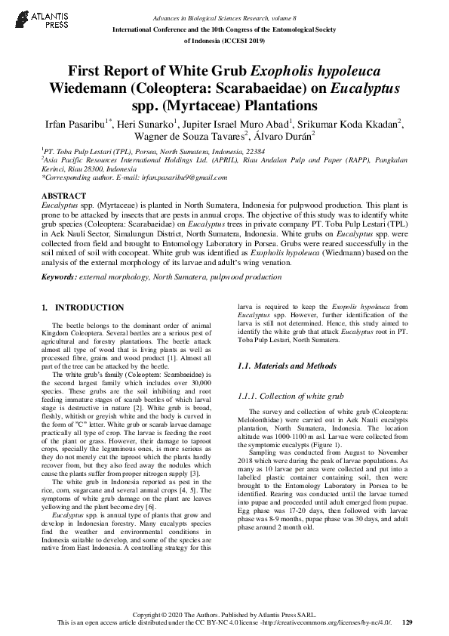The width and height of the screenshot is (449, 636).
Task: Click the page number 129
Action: click(407, 623)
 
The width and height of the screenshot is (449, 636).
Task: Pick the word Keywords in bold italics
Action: click(57, 278)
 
